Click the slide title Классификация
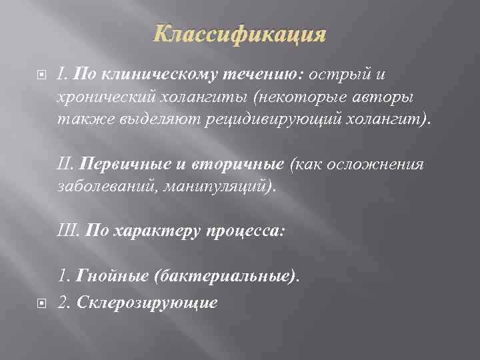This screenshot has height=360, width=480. click(x=240, y=34)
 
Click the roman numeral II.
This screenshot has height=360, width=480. click(x=65, y=164)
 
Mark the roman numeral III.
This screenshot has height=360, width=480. click(x=69, y=231)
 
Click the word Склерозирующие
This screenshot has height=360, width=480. click(x=147, y=302)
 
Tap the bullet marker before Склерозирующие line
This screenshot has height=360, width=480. click(x=42, y=303)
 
